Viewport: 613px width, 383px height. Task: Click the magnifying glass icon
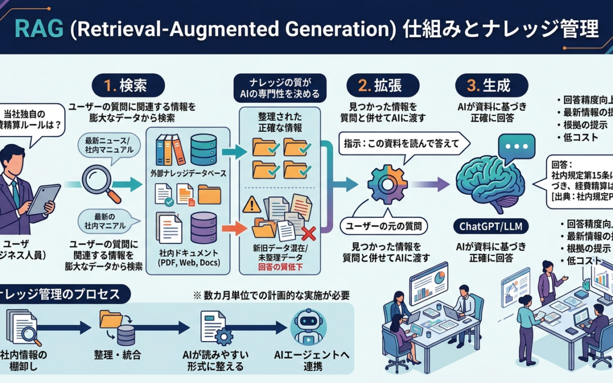(101, 183)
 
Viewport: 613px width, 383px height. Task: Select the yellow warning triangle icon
(251, 204)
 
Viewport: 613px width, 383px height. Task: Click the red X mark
(308, 233)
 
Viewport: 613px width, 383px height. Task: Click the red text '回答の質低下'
(281, 266)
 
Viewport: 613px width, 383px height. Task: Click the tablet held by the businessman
(44, 199)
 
